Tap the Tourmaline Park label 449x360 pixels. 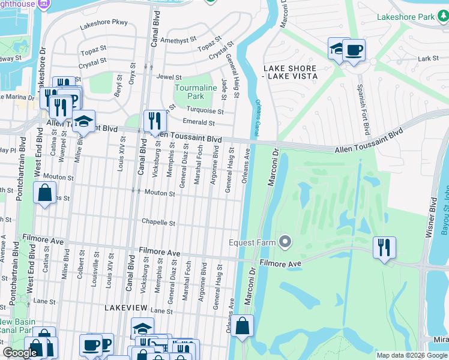pos(196,92)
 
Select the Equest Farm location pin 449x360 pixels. pos(285,242)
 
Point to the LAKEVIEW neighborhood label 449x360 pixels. pos(125,307)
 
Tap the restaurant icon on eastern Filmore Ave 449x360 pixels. pos(384,247)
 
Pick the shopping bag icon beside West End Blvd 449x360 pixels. pos(44,194)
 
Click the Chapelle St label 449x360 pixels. pos(158,223)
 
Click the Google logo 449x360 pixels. pos(20,353)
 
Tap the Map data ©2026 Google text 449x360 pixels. pos(411,355)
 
